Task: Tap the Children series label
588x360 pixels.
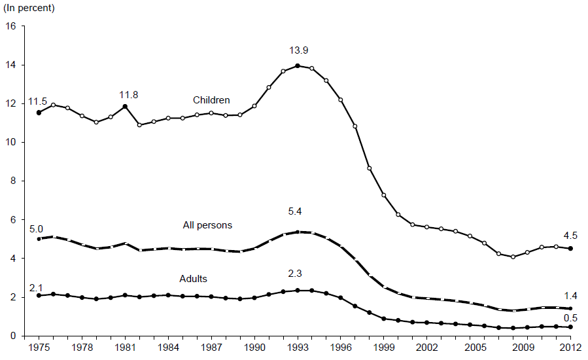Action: click(x=211, y=100)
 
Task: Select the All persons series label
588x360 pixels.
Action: click(x=207, y=225)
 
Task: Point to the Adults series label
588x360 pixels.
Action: click(x=193, y=279)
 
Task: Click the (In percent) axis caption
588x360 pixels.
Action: click(x=29, y=9)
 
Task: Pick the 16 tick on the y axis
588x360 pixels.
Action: click(x=10, y=26)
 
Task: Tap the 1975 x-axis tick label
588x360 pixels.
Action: click(x=39, y=346)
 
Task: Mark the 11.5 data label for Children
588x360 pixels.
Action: click(x=37, y=102)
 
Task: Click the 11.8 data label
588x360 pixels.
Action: click(x=128, y=96)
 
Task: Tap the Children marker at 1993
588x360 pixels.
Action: click(x=298, y=65)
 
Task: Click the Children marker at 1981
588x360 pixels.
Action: click(x=125, y=106)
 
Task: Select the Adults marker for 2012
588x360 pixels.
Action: click(x=571, y=327)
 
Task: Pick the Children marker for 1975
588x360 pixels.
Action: click(x=39, y=113)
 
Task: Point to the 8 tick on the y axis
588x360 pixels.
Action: click(x=13, y=181)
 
